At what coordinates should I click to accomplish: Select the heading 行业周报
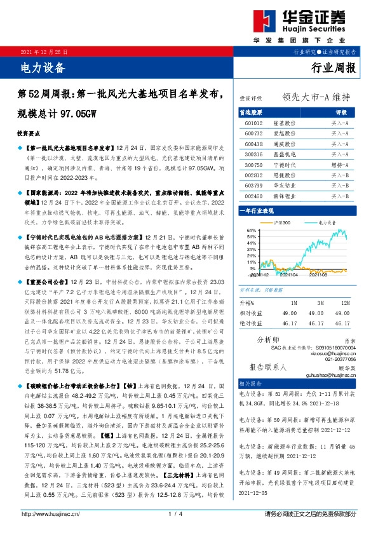[x=335, y=67]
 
